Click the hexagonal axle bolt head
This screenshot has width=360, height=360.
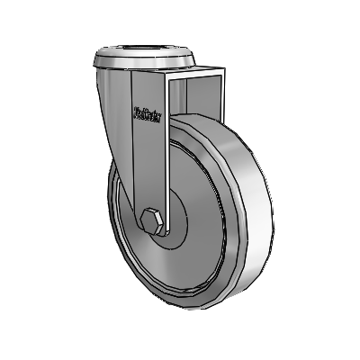pyautogui.click(x=152, y=221)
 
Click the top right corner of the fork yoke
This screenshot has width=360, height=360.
pyautogui.click(x=220, y=68)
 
